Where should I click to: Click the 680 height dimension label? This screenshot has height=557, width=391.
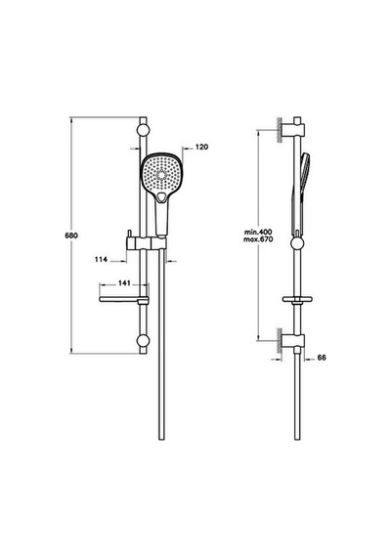coord(71,236)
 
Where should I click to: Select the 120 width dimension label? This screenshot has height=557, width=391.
coord(202,147)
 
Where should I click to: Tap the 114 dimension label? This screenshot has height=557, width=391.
coord(101,260)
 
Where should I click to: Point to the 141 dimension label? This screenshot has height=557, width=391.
coord(124,283)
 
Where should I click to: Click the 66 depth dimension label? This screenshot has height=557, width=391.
coord(322,358)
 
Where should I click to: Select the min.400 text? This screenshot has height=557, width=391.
coord(258,233)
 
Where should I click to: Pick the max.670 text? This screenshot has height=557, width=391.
coord(258,239)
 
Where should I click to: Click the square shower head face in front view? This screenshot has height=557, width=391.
coord(160,173)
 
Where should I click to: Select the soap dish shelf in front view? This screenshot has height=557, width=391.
coord(123,300)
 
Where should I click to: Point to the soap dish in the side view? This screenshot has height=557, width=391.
coord(297,300)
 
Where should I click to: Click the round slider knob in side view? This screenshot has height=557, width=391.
coord(297,243)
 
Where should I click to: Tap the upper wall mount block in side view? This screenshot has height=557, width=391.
coord(293,130)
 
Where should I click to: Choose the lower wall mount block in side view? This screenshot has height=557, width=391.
coord(293,340)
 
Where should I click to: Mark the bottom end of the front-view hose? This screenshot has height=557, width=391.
coord(161,440)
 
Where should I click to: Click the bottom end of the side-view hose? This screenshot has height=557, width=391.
coord(297,440)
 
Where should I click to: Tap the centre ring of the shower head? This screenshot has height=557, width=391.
coord(160,174)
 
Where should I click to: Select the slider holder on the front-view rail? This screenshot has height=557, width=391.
coord(146,243)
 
